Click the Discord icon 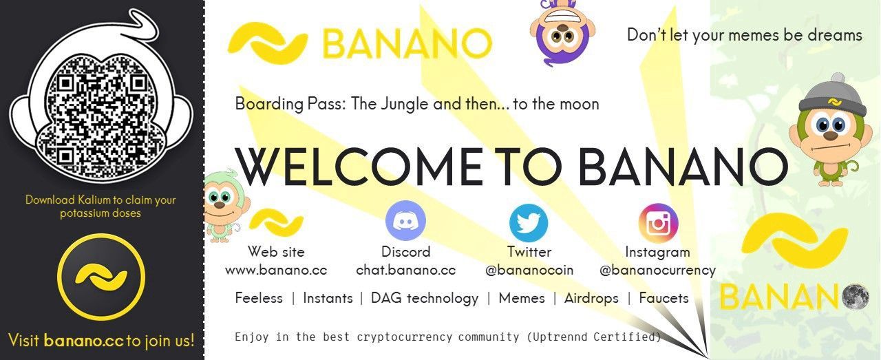point(405,221)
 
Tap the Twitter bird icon point(529,222)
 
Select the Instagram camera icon point(658,223)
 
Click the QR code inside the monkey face point(101,117)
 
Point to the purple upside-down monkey point(562,32)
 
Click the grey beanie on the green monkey point(833,96)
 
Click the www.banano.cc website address point(276,271)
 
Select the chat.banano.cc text point(406,270)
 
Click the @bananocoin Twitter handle point(529,271)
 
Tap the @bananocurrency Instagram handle point(657,271)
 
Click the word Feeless point(259,298)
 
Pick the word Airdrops point(591,298)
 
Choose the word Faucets point(664,298)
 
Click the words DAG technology point(425,299)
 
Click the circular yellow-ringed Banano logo point(101,277)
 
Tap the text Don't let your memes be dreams point(745,35)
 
